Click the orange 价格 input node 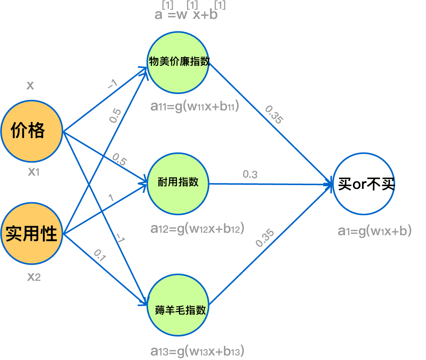pos(32,131)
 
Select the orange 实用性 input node pos(32,233)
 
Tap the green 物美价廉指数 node pos(178,62)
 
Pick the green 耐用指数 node pos(178,183)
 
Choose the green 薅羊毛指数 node pos(178,305)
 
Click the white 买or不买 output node pos(364,184)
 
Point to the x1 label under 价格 pos(34,171)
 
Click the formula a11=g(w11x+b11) pos(194,106)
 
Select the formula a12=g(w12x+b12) pos(197,229)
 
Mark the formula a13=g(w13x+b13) pos(197,351)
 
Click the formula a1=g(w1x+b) pos(374,231)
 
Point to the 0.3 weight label pos(250,174)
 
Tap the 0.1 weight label pos(100,256)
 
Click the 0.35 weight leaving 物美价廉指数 pos(274,114)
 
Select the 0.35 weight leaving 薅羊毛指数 pos(265,238)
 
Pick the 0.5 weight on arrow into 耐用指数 pos(119,159)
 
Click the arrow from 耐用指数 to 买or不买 pos(270,184)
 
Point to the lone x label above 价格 pos(30,85)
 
